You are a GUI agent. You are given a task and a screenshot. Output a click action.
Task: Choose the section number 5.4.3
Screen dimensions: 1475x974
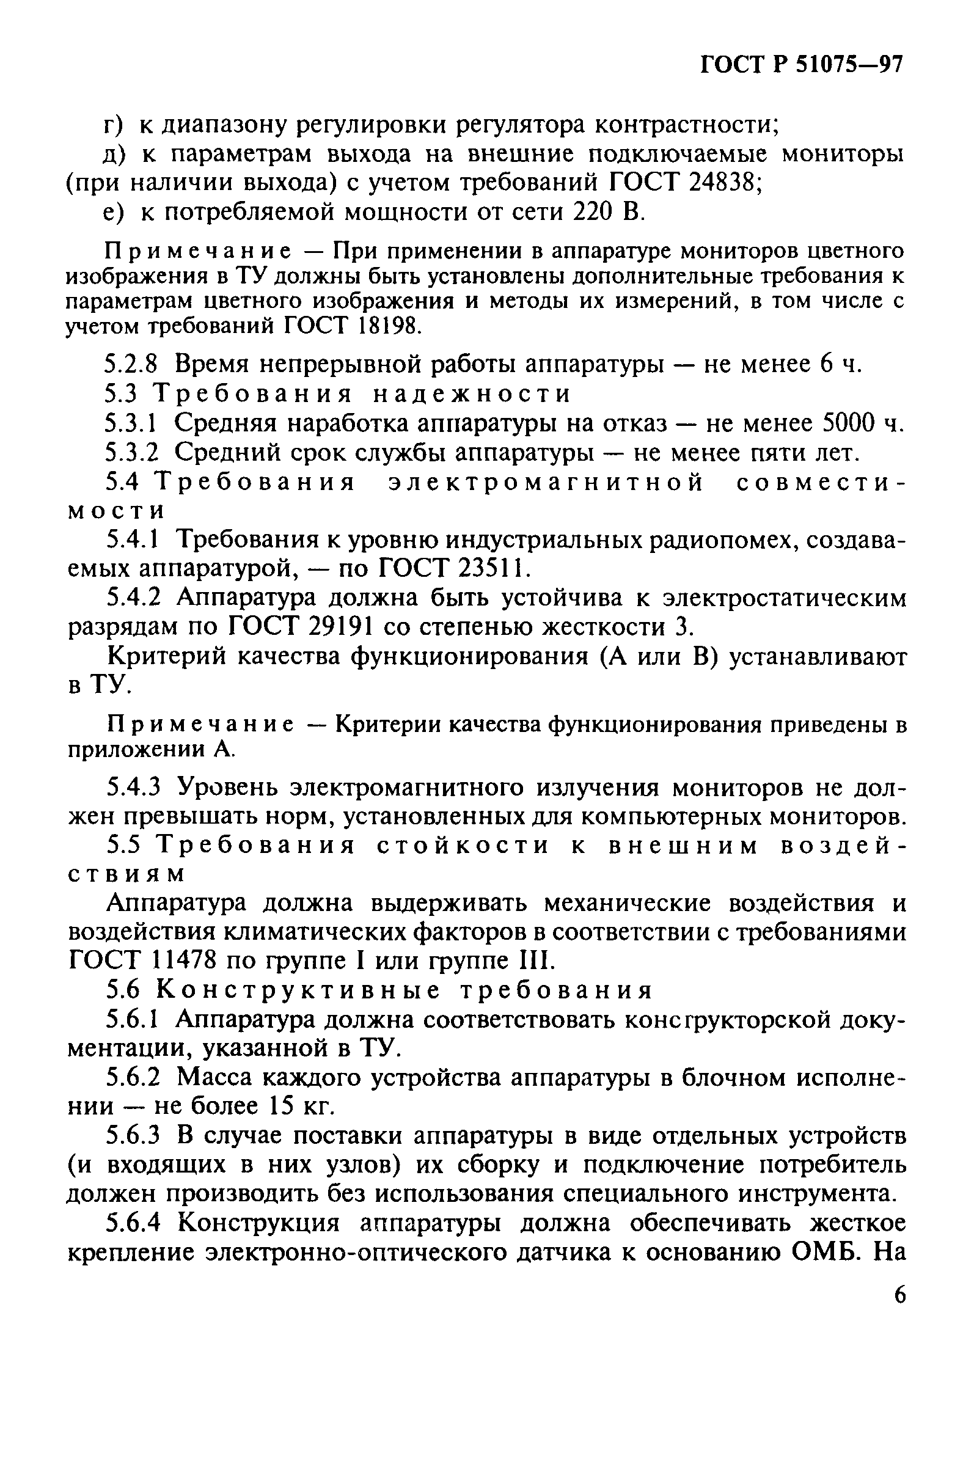pyautogui.click(x=134, y=788)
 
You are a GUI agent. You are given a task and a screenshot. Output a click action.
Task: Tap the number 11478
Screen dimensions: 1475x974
pyautogui.click(x=183, y=961)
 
